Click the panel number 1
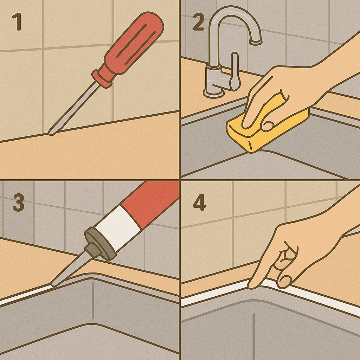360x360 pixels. (x=18, y=22)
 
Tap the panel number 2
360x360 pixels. (x=199, y=22)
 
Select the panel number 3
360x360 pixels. (x=18, y=203)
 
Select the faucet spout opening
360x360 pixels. (x=256, y=42)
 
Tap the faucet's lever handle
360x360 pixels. (x=234, y=71)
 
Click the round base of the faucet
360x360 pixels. (x=213, y=92)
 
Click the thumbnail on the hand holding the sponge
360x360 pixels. (x=267, y=126)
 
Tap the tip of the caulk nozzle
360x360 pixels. (x=53, y=285)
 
